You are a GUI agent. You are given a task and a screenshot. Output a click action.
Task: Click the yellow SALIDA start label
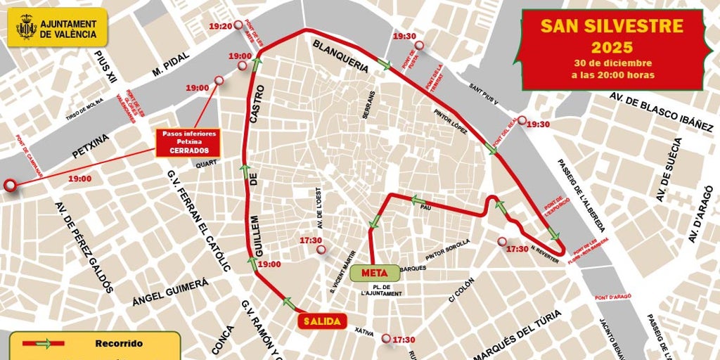322,321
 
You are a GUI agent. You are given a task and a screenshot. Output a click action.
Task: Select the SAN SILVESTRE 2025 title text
612,37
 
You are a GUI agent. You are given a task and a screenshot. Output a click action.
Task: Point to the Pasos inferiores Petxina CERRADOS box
189,143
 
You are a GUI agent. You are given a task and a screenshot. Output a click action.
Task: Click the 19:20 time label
221,26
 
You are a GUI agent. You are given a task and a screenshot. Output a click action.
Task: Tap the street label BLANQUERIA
340,56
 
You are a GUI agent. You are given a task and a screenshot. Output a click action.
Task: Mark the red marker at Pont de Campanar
10,186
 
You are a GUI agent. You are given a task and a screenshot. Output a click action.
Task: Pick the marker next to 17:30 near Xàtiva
386,339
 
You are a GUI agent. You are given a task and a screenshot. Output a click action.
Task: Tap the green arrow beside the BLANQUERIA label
384,64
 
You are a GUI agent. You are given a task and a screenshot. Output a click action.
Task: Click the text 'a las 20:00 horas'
612,75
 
